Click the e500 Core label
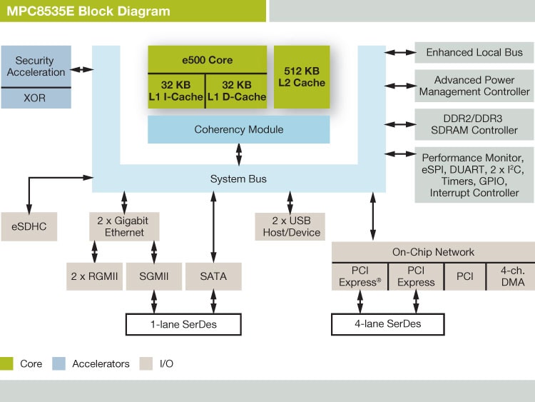207,60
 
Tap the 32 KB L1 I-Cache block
176,91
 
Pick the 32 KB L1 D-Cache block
235,91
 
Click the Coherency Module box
238,129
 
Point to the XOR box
36,98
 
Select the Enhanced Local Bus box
474,52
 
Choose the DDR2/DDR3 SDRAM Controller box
474,124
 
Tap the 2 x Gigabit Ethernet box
124,226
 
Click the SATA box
213,276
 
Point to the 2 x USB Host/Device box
289,226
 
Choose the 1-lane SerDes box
181,324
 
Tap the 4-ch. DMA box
510,276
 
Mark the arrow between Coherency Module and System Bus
239,154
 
